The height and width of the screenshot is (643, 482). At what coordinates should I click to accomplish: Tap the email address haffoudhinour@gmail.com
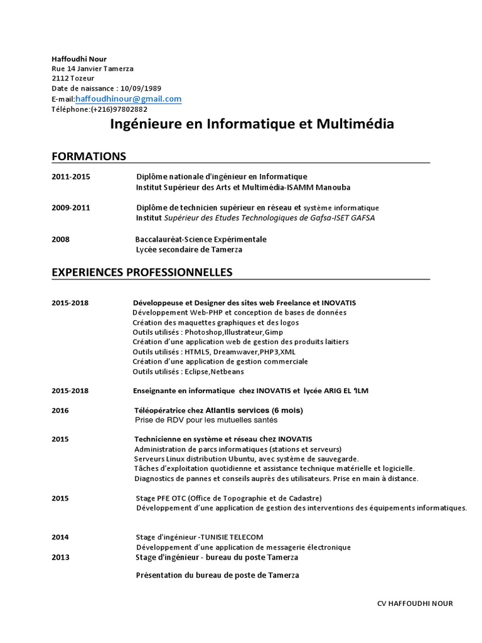click(x=129, y=99)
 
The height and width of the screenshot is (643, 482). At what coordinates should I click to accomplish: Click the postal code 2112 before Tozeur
click(x=60, y=78)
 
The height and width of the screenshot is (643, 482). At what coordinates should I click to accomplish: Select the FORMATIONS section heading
click(x=88, y=156)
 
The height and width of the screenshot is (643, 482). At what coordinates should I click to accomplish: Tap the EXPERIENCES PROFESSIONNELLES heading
click(x=142, y=273)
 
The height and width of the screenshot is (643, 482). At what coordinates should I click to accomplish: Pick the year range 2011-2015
click(x=71, y=177)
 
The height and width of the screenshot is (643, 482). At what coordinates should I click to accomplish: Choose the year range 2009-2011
click(x=71, y=207)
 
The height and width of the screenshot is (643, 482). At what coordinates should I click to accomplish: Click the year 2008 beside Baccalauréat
click(x=61, y=239)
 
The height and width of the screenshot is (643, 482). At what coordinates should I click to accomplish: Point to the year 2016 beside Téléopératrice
click(x=60, y=411)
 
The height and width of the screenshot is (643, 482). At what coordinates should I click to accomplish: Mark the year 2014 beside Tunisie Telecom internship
click(x=60, y=538)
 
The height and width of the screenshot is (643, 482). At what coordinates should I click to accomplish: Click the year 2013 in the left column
click(x=60, y=558)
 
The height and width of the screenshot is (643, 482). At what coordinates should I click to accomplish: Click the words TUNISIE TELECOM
click(x=232, y=538)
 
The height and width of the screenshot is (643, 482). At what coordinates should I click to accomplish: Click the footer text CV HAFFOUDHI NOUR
click(x=415, y=603)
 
